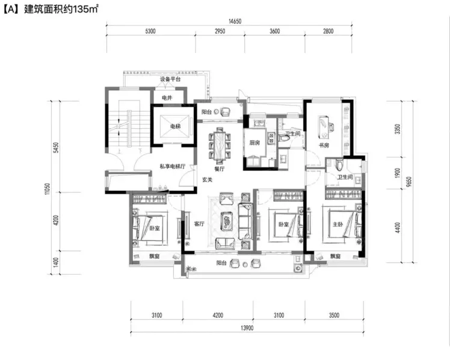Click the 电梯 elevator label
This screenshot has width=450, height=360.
coord(175,126)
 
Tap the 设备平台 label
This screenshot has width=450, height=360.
coord(170,79)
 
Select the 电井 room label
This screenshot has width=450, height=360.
coord(167,98)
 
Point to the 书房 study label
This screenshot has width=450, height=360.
coord(324,145)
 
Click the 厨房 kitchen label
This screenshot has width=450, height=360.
coord(254,143)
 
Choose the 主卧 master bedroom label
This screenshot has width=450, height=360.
coord(337,224)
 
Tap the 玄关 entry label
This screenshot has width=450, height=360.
coord(207,180)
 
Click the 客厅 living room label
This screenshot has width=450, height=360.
coord(199,223)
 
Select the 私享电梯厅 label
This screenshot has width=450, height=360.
coord(173,166)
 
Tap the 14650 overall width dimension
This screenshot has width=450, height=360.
coord(235,21)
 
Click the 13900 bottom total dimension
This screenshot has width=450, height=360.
coord(247,328)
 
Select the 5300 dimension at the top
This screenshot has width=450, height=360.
coord(150,31)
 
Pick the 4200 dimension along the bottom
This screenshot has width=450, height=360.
coord(218,315)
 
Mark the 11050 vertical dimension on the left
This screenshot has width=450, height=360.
coord(48,189)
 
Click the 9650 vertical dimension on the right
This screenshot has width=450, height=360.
coord(409,182)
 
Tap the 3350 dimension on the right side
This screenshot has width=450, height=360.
coord(398,129)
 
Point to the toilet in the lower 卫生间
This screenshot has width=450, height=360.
coord(339,165)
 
